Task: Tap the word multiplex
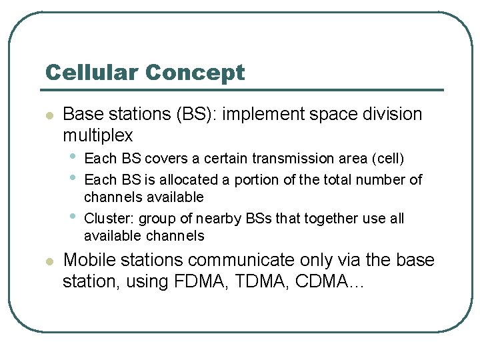97,135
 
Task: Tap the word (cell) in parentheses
388,159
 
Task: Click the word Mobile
88,260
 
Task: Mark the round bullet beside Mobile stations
48,261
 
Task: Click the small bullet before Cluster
71,217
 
